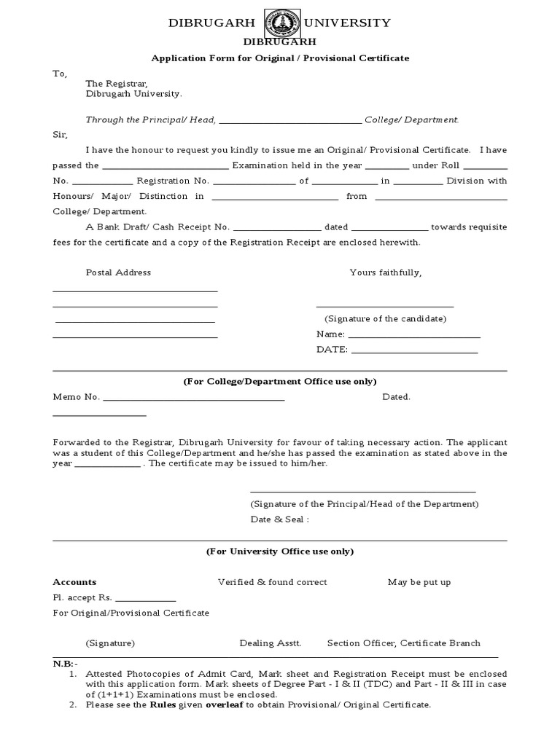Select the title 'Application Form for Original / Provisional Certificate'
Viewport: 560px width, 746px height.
point(279,58)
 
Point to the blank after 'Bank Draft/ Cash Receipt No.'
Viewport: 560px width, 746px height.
point(276,228)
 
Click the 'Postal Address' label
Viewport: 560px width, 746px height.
point(118,272)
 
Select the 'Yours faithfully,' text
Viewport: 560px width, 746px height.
point(385,272)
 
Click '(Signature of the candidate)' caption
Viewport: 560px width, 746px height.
point(385,319)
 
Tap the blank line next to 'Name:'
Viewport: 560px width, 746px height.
point(414,335)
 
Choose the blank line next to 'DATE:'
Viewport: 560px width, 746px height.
point(414,350)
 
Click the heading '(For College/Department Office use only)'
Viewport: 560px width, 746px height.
point(279,382)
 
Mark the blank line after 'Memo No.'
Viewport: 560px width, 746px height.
point(194,398)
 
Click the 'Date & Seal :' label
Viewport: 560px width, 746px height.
point(279,519)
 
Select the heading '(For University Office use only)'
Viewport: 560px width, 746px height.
point(279,551)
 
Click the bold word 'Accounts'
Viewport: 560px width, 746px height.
point(74,582)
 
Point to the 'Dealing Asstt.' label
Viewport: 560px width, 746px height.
point(270,643)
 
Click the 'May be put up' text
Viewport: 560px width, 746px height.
point(419,582)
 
